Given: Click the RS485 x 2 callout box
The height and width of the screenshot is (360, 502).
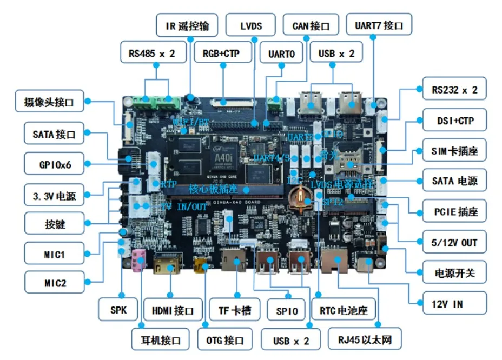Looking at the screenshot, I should click(152, 54).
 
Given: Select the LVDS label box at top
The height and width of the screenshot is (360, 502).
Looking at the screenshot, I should click(250, 25).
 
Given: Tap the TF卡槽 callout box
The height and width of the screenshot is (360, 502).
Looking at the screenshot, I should click(234, 310).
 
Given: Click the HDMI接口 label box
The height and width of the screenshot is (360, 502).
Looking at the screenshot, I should click(173, 310).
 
